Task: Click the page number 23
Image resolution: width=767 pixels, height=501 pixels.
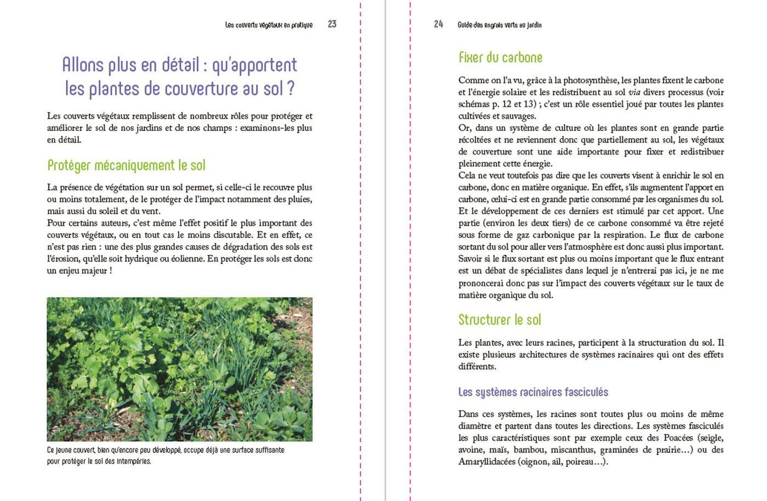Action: tap(332, 24)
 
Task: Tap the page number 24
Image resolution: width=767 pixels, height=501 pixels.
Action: tap(438, 24)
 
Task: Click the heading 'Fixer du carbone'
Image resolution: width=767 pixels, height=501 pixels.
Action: tap(500, 58)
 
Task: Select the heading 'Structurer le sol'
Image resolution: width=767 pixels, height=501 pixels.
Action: tap(500, 320)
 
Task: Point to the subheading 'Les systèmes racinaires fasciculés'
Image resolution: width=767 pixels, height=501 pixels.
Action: tap(533, 392)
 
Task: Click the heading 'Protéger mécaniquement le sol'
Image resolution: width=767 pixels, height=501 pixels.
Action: tap(127, 165)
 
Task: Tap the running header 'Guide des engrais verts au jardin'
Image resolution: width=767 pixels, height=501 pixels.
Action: tap(500, 25)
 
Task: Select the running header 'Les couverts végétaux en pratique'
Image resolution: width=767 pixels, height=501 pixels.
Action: tap(269, 25)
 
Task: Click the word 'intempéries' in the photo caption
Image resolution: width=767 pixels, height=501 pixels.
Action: tap(133, 461)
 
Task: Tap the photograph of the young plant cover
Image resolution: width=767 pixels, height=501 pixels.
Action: tap(180, 369)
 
